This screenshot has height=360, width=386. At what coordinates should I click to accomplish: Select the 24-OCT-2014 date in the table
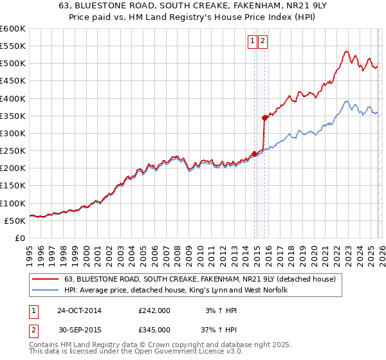tap(79, 310)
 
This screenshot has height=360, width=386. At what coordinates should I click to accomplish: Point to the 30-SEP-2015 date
tap(79, 329)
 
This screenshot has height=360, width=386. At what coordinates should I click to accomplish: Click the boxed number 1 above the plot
tap(253, 41)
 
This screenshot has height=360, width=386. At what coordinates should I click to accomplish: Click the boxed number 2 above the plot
tap(264, 41)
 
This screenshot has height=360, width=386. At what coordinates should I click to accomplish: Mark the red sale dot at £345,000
tap(264, 118)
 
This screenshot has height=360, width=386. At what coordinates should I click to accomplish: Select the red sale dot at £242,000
tap(254, 154)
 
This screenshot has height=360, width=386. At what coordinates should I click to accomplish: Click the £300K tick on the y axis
tap(13, 133)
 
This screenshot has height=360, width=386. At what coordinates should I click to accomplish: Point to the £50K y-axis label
tap(15, 221)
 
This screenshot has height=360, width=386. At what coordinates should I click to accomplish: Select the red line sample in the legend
tap(46, 279)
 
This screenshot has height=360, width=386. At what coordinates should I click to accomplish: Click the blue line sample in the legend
tap(46, 291)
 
